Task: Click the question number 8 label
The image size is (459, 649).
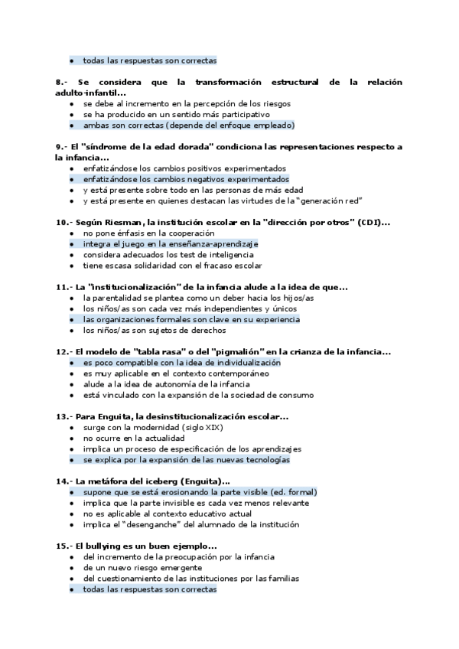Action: [x=61, y=81]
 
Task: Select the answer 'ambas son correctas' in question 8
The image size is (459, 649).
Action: [x=189, y=125]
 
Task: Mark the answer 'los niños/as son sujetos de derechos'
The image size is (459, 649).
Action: [x=155, y=331]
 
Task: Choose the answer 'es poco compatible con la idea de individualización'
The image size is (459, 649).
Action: [x=182, y=362]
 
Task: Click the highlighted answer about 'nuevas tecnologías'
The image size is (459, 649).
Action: [x=187, y=460]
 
